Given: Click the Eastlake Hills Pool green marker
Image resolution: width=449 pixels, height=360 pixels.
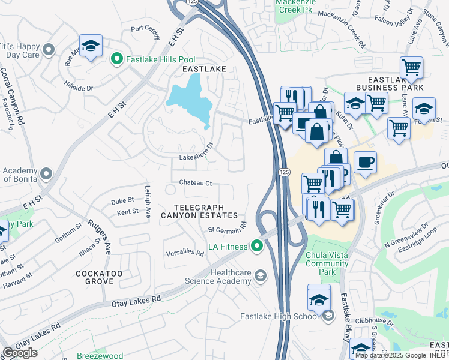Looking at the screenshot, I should pos(117,59).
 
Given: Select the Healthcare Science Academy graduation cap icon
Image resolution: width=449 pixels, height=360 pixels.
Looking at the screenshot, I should pos(260,275).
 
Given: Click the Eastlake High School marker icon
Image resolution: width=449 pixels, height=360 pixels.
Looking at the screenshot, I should pos(328,316).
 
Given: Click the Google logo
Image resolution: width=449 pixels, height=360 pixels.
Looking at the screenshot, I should pos(20,353).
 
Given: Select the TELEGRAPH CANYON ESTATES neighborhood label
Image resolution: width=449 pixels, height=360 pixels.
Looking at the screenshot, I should pos(199,211).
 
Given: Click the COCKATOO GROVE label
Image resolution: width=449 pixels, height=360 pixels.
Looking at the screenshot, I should pos(95,277).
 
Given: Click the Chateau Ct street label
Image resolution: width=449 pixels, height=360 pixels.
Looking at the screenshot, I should pos(194,183).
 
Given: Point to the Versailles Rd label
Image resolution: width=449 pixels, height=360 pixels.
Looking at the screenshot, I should pos(185,253).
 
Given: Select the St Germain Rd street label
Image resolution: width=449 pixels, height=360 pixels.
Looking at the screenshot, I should pos(228,228).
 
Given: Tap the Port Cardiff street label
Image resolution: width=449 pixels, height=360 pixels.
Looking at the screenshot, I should pos(146,31).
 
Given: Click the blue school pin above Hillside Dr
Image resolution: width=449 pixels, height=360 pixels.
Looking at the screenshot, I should pos(91,46).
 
